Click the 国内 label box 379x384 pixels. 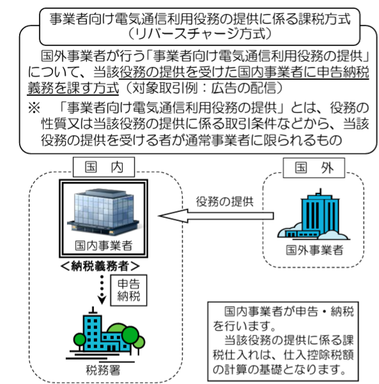[104, 167]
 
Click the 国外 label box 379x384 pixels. [314, 168]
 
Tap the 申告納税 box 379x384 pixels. [128, 290]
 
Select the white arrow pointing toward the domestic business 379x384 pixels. [216, 216]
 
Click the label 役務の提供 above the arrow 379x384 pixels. [224, 201]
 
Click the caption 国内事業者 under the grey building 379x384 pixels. [104, 245]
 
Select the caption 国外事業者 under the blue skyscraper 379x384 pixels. [314, 250]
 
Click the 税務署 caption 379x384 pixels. [103, 370]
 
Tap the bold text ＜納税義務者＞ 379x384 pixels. [100, 266]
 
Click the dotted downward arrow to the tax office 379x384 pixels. [102, 289]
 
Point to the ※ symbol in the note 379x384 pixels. [34, 108]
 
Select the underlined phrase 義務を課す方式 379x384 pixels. [73, 88]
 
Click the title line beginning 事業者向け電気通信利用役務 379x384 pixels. [200, 19]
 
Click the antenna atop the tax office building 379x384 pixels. [93, 310]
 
